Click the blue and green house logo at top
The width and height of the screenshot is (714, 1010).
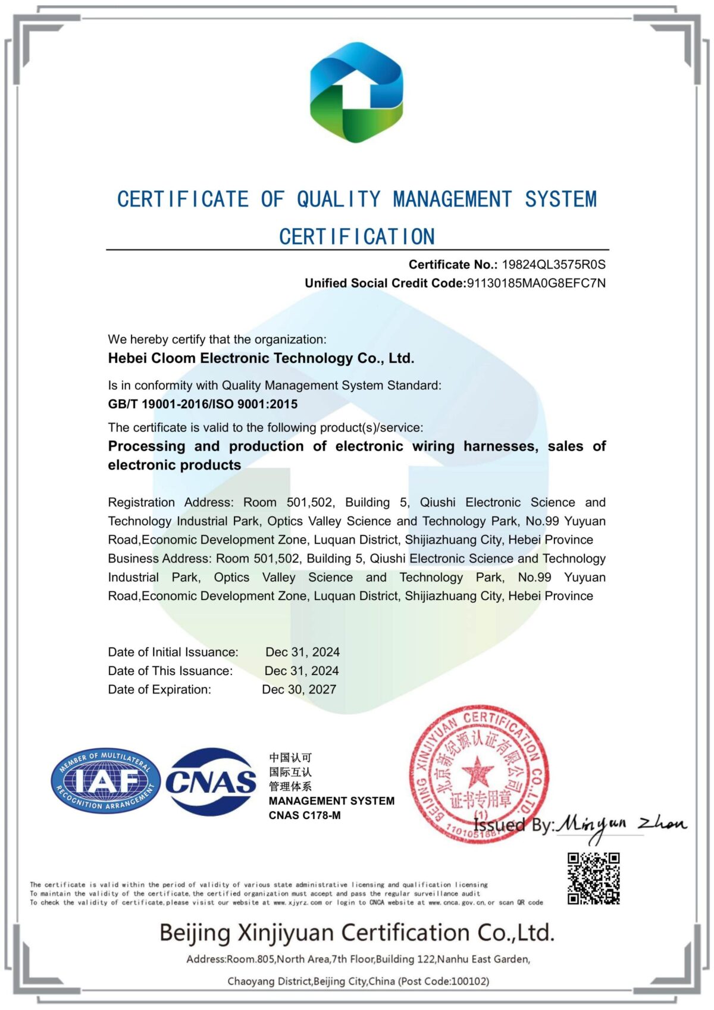356,93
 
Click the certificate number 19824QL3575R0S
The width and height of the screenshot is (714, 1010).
553,265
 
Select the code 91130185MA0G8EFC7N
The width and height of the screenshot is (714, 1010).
536,283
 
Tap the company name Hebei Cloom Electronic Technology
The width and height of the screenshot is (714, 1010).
261,358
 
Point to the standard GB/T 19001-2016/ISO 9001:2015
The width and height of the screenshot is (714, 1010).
202,404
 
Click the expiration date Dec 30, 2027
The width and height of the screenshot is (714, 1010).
299,689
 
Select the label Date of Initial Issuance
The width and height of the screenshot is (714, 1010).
173,652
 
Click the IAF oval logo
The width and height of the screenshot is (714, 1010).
105,781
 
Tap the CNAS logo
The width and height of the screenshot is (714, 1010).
211,781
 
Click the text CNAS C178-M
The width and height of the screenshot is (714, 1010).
305,815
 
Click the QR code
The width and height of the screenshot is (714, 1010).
593,878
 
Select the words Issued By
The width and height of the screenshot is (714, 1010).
513,825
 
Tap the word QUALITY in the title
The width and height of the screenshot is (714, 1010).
339,199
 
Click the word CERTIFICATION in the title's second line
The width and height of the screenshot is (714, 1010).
357,237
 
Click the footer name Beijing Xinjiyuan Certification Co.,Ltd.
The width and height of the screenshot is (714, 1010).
357,933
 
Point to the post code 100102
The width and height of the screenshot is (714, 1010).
469,981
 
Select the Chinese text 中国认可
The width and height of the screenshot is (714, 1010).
290,758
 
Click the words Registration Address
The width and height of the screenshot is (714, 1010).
171,502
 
